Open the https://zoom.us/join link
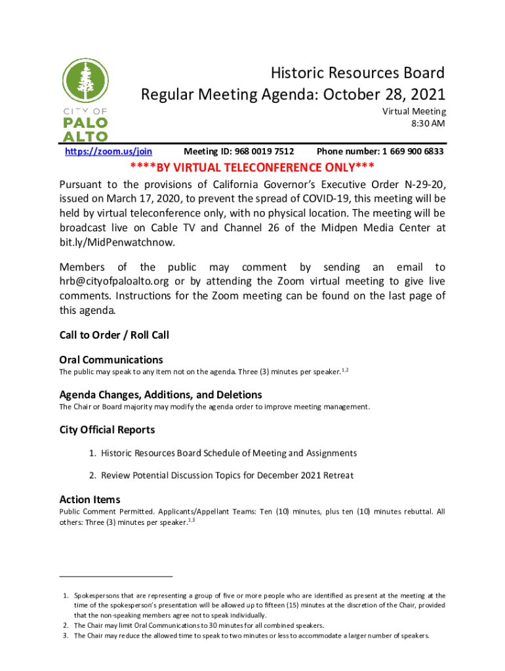point(108,151)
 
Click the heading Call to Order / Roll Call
point(114,335)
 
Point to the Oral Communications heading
point(111,360)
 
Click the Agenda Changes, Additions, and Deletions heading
point(161,395)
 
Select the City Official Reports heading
point(107,430)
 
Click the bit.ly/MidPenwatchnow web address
point(117,242)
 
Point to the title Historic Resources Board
point(358,73)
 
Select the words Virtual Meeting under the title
point(414,111)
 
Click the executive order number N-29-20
point(423,183)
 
